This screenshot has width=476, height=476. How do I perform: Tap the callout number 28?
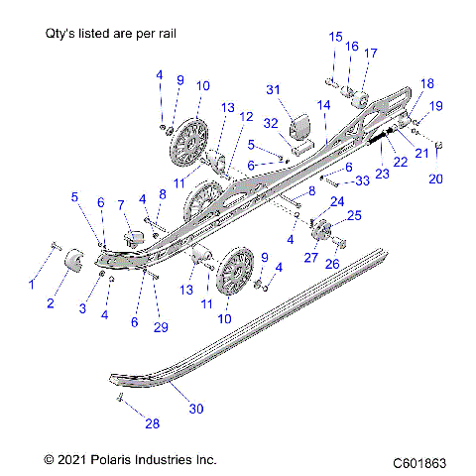point(151,423)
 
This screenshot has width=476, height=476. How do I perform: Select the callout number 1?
point(31,284)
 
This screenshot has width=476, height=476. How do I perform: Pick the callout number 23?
point(380,173)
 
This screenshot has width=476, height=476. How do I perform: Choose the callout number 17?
point(370,54)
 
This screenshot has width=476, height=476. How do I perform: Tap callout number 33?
point(362,179)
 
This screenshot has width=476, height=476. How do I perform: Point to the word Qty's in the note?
point(63,33)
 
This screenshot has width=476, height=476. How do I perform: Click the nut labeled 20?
point(439,147)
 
